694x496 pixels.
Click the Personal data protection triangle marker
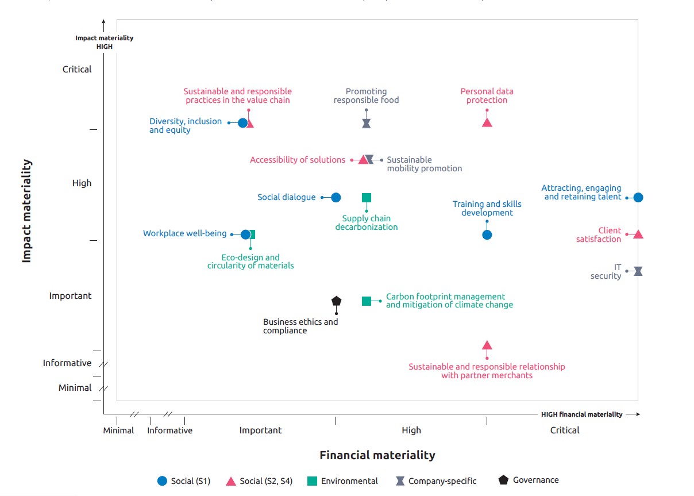point(487,122)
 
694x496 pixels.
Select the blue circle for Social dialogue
point(336,198)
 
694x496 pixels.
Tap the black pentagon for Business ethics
point(337,301)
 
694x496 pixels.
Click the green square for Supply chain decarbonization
point(367,198)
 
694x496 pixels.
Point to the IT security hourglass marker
point(638,271)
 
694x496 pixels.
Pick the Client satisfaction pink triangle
point(638,234)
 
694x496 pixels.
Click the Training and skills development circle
point(487,234)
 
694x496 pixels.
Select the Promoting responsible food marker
point(367,123)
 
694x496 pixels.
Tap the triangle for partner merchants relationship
point(487,345)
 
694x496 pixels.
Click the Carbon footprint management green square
point(367,301)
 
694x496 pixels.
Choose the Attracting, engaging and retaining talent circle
point(638,198)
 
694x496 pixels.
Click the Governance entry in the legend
point(529,480)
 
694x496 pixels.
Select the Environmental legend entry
point(343,481)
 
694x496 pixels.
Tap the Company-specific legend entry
point(436,481)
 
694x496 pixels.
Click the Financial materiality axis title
point(377,455)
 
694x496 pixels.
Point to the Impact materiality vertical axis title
point(26,212)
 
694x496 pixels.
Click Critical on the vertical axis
point(77,70)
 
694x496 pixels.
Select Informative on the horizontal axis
point(170,430)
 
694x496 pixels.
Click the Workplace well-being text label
point(184,233)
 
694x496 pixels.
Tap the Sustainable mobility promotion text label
point(424,164)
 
